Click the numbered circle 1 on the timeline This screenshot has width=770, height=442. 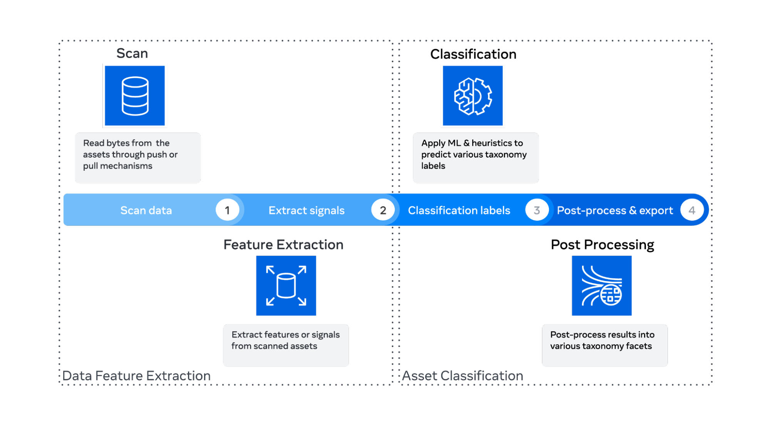[227, 210]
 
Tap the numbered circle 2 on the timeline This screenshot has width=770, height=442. [383, 210]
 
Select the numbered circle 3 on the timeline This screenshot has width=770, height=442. [537, 210]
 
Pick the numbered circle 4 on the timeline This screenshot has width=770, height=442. [692, 210]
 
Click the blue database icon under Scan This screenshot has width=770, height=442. [135, 96]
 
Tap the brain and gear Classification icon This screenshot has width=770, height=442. [473, 96]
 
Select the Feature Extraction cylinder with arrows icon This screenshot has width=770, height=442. [286, 286]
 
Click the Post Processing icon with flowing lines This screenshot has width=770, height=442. [602, 286]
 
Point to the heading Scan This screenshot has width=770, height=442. [132, 53]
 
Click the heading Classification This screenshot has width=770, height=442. [473, 54]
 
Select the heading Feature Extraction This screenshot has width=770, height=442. [284, 245]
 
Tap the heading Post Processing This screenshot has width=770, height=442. [602, 245]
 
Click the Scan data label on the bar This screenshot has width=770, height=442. [146, 210]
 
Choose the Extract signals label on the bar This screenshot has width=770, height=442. [307, 210]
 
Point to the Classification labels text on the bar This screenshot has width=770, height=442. [459, 210]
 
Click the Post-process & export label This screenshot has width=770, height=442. [615, 210]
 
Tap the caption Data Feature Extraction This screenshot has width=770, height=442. [136, 376]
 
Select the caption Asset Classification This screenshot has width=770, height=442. [463, 376]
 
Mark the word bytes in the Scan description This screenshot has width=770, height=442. [118, 143]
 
